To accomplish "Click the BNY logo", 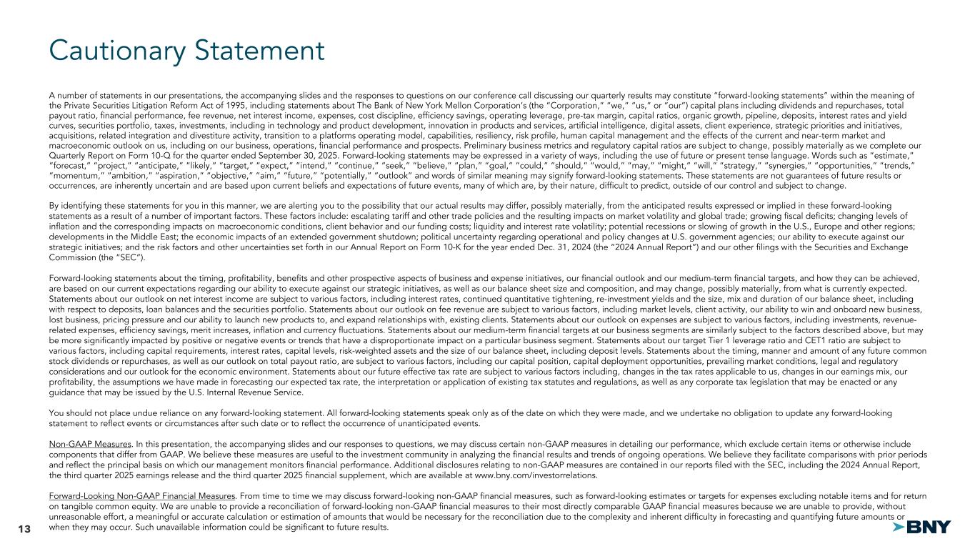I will coord(922,528).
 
